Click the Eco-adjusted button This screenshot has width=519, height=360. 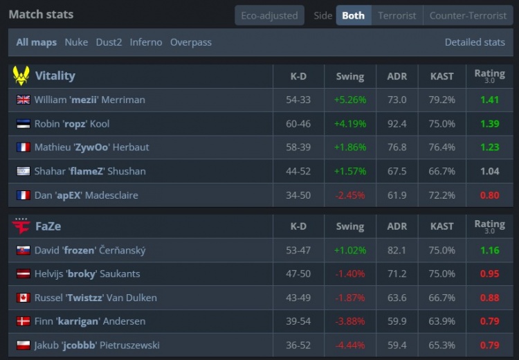pyautogui.click(x=269, y=15)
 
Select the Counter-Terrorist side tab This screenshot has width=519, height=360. pyautogui.click(x=468, y=15)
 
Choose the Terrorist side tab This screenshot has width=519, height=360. pyautogui.click(x=397, y=15)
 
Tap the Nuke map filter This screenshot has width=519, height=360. pyautogui.click(x=76, y=42)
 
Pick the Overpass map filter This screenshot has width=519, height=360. pyautogui.click(x=191, y=42)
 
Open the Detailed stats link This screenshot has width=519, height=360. pyautogui.click(x=475, y=42)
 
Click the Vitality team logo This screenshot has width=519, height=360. pyautogui.click(x=21, y=75)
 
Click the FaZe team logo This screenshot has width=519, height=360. pyautogui.click(x=21, y=226)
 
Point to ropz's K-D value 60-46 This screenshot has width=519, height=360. pyautogui.click(x=298, y=123)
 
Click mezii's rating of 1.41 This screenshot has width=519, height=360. pyautogui.click(x=489, y=100)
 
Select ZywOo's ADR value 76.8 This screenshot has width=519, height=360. pyautogui.click(x=397, y=147)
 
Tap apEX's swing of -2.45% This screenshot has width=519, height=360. pyautogui.click(x=349, y=195)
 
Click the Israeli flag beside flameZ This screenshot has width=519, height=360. pyautogui.click(x=23, y=171)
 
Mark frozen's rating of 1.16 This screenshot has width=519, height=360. pyautogui.click(x=489, y=250)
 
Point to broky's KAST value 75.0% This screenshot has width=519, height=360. pyautogui.click(x=442, y=273)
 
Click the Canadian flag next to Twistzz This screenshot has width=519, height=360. pyautogui.click(x=23, y=298)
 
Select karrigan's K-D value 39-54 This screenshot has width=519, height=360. pyautogui.click(x=298, y=321)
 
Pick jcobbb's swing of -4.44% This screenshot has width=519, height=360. pyautogui.click(x=349, y=345)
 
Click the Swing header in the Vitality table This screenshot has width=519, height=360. pyautogui.click(x=349, y=76)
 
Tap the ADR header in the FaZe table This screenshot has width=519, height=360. pyautogui.click(x=397, y=226)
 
